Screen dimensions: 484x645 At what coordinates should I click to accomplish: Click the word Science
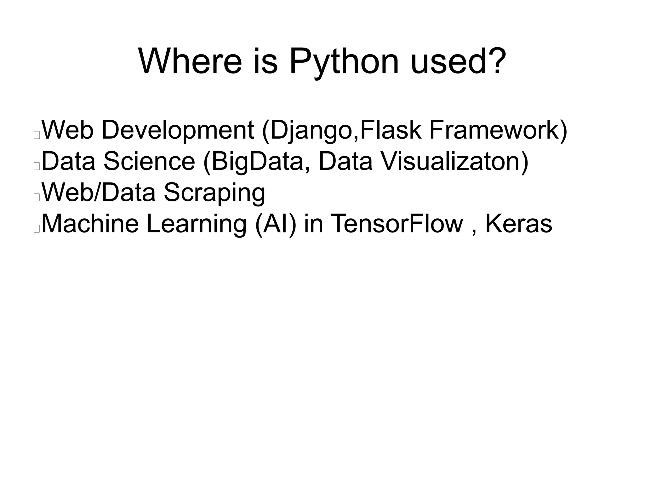pos(149,161)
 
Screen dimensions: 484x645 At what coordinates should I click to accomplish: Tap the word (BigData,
pos(257,161)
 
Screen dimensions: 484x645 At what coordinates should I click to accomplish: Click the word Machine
pos(90,223)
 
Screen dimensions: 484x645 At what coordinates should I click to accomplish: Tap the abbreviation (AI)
pos(276,223)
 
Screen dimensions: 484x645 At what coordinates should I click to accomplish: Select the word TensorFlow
pos(397,223)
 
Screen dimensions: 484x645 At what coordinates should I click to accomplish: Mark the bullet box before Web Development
pos(37,135)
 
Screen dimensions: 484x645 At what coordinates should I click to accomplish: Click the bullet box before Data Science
pos(37,166)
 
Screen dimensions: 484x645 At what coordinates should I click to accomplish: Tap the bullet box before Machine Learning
pos(37,228)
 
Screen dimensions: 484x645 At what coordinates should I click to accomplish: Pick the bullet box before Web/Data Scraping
pos(37,197)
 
